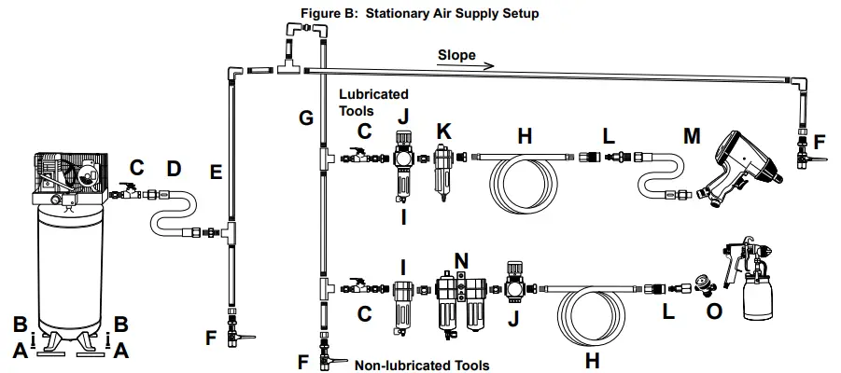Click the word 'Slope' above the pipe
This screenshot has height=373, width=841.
[456, 56]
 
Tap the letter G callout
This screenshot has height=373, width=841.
[305, 118]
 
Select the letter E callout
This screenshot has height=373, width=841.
[217, 172]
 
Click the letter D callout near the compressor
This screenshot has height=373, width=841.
[173, 169]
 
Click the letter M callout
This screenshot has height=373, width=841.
[692, 136]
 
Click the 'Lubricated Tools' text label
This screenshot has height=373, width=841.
[373, 103]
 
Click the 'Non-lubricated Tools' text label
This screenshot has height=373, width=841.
[422, 365]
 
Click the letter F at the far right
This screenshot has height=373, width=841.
[819, 143]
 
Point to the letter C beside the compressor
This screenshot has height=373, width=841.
[136, 169]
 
